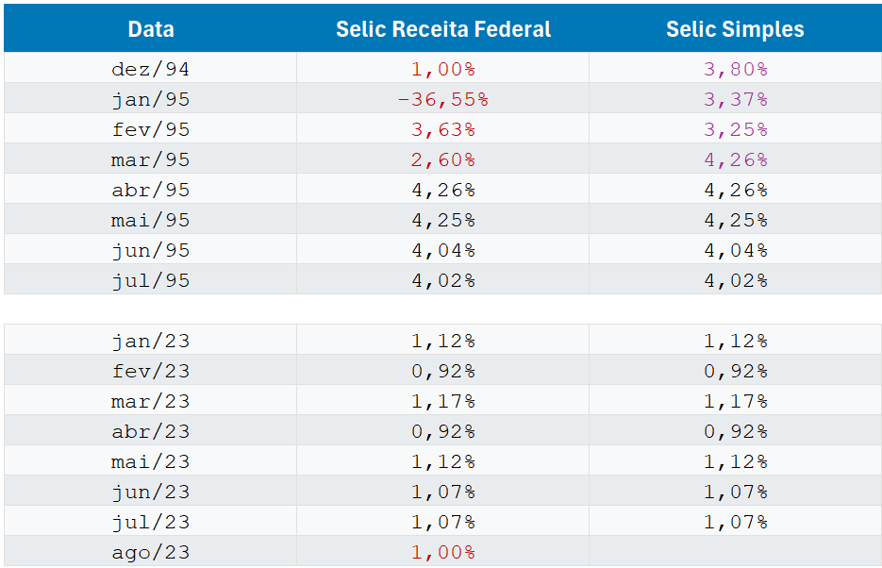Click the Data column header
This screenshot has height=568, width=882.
click(151, 29)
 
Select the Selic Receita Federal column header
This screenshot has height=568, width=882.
click(443, 29)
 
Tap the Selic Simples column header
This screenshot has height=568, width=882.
click(735, 29)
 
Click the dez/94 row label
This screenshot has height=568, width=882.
click(151, 69)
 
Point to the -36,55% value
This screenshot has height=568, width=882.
click(443, 99)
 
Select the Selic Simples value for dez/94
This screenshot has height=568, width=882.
click(735, 69)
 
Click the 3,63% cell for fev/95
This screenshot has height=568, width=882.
click(443, 129)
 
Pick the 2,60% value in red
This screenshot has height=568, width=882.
click(443, 159)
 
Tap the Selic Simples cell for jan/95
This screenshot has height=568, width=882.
click(735, 99)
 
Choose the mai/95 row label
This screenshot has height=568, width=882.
click(151, 220)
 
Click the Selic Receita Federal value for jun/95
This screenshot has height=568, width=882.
click(443, 250)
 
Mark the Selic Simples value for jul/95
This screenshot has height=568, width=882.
click(735, 280)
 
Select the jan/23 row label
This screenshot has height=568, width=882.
click(151, 341)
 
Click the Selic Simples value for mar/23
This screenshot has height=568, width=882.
click(735, 401)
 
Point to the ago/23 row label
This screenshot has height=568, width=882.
click(151, 552)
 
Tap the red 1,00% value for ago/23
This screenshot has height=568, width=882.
click(443, 552)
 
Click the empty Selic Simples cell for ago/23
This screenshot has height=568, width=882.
click(735, 552)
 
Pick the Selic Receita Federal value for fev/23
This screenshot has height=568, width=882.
click(443, 371)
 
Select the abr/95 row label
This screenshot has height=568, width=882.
click(151, 190)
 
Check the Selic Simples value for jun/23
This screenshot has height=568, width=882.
click(735, 492)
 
